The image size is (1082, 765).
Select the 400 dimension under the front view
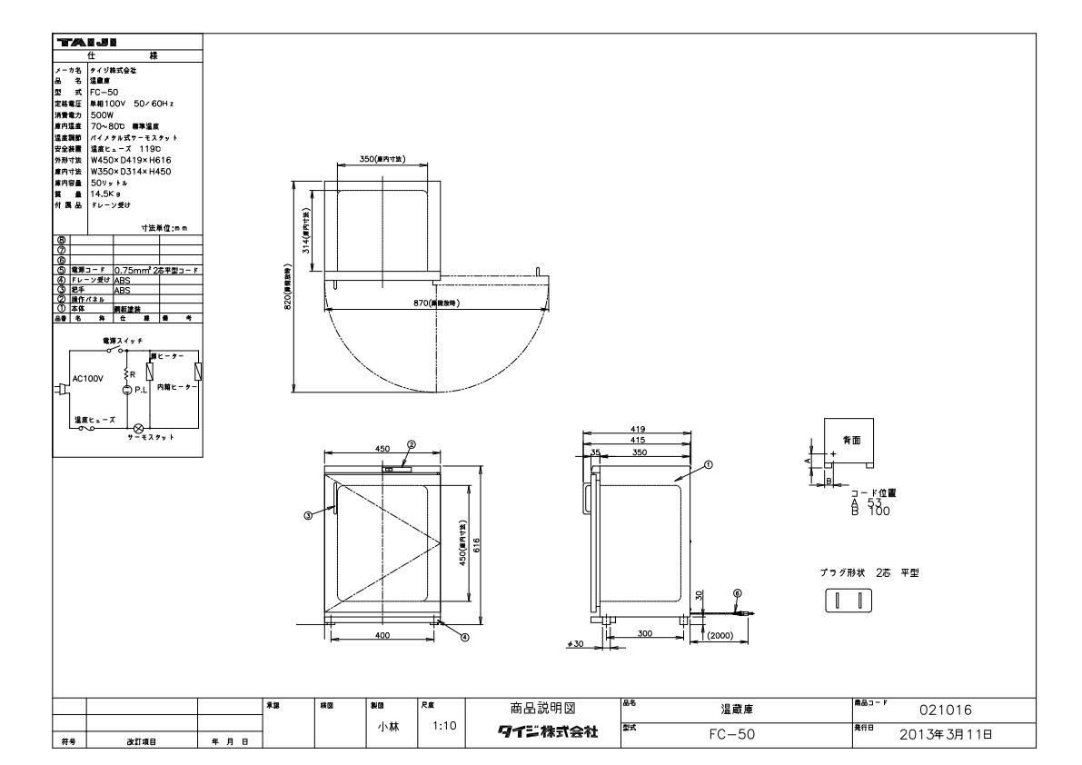point(382,635)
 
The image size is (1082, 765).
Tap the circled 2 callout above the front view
point(411,445)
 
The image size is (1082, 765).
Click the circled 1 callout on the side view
point(708,464)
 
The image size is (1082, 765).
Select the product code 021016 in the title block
point(949,710)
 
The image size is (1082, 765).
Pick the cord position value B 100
point(869,512)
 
